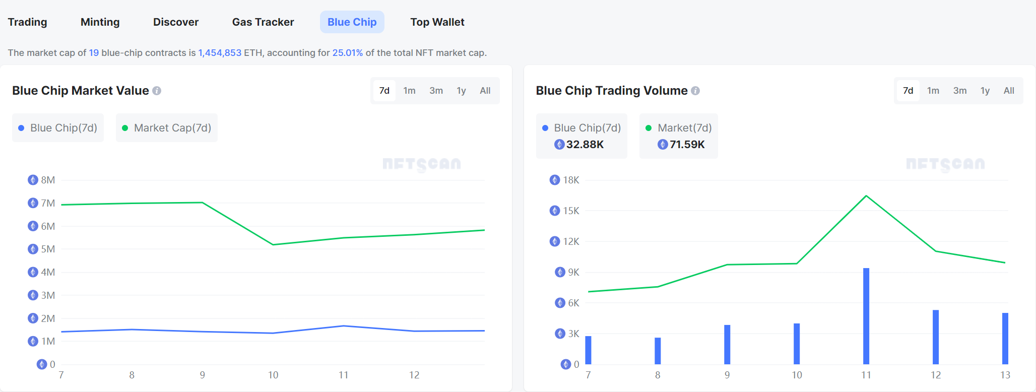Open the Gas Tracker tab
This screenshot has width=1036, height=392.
[263, 22]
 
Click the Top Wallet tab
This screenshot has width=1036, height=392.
[437, 22]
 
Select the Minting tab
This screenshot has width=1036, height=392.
[100, 22]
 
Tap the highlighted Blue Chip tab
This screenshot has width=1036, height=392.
[352, 22]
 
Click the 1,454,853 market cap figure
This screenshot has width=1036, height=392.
[220, 53]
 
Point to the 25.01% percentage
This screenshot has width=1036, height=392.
[347, 53]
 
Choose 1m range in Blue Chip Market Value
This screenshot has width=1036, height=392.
[409, 91]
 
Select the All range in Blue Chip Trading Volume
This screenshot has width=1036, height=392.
[1008, 91]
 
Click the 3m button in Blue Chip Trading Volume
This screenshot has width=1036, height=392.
[959, 91]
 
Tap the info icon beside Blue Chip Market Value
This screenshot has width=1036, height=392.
[157, 91]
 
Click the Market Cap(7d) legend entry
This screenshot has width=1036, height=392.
[167, 128]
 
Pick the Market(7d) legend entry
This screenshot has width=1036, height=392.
[679, 128]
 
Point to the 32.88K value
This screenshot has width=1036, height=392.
[585, 145]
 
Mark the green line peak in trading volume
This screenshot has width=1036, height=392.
[866, 195]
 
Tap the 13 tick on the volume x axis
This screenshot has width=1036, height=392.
[1005, 375]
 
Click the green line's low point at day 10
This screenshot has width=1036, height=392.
[273, 244]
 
